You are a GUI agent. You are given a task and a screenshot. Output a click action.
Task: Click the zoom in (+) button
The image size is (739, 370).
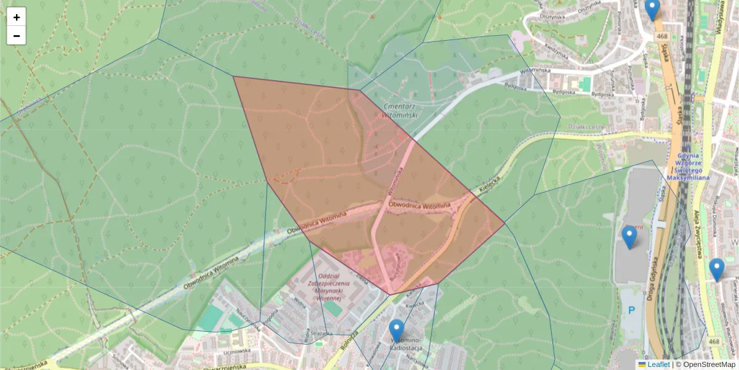(17, 17)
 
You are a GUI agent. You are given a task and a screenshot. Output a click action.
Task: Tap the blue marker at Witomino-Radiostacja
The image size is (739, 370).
(397, 331)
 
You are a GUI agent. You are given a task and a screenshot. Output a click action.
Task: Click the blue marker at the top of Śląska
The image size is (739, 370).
(652, 9)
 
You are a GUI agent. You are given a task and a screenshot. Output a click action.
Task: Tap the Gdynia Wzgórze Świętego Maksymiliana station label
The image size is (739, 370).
(689, 166)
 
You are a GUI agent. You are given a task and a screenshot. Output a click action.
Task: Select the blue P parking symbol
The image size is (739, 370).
(631, 311)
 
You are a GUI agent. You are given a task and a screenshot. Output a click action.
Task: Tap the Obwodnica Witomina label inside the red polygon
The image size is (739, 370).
(419, 204)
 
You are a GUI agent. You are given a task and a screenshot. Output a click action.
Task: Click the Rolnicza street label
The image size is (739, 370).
(349, 341)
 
